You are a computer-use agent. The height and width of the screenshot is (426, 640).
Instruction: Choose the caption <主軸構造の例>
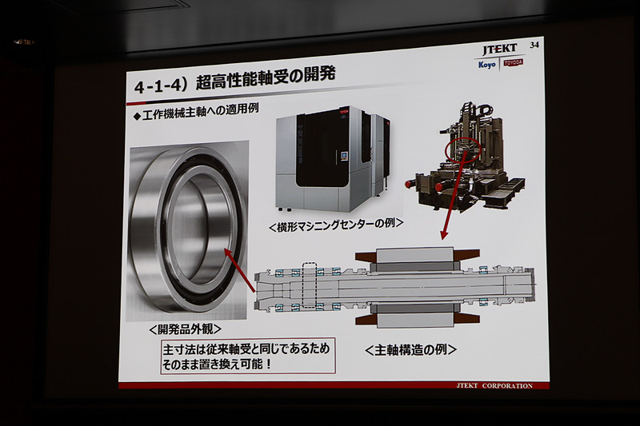pyautogui.click(x=410, y=348)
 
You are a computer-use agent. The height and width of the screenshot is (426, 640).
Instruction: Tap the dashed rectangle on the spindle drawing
pyautogui.click(x=310, y=284)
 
